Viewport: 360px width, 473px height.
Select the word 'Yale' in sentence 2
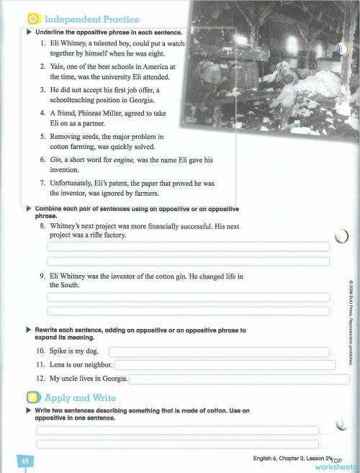[59, 67]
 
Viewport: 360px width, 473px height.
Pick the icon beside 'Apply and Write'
[33, 397]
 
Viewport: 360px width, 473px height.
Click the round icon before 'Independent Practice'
[33, 19]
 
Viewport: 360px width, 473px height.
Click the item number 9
[44, 276]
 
